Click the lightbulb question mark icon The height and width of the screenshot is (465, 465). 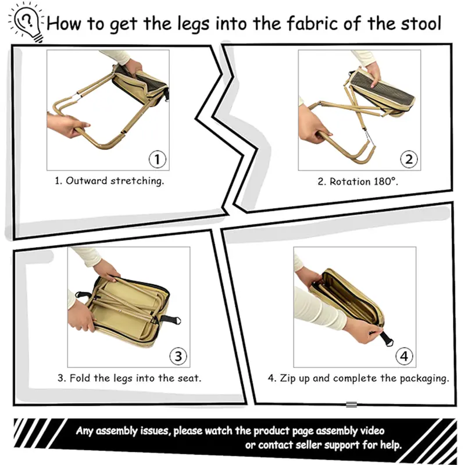pos(25,22)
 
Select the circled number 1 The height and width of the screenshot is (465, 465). pos(158,159)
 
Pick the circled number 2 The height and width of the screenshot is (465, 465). pos(409,159)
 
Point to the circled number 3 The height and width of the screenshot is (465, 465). pos(178,356)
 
